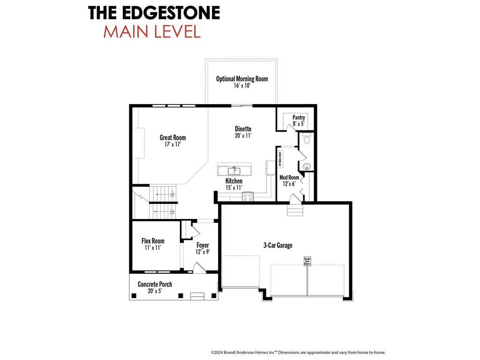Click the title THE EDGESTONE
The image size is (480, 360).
[154, 13]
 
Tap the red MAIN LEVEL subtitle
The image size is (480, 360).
[152, 31]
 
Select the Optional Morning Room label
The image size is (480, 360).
[242, 79]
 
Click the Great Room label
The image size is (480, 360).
[172, 137]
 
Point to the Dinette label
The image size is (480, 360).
[243, 129]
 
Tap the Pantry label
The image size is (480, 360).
[299, 118]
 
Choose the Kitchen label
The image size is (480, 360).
[234, 181]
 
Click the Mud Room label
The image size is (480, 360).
[289, 178]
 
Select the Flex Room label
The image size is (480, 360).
[153, 241]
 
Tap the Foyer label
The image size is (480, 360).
[202, 245]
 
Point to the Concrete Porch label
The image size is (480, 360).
[155, 284]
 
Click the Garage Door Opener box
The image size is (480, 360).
[307, 261]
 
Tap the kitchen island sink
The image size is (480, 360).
[234, 170]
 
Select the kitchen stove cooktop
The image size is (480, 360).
[247, 197]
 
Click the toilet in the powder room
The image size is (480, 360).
[307, 139]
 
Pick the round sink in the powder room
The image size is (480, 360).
[307, 166]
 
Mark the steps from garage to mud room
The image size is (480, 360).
[295, 211]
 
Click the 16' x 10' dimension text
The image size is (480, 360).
[242, 86]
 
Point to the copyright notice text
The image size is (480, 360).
[298, 352]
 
